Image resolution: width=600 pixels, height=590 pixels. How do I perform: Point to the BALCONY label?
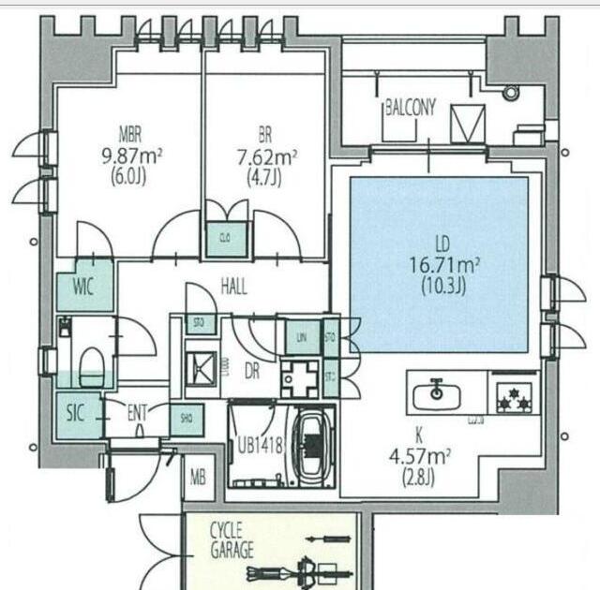point(411,107)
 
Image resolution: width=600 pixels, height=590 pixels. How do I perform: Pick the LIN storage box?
point(301,336)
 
